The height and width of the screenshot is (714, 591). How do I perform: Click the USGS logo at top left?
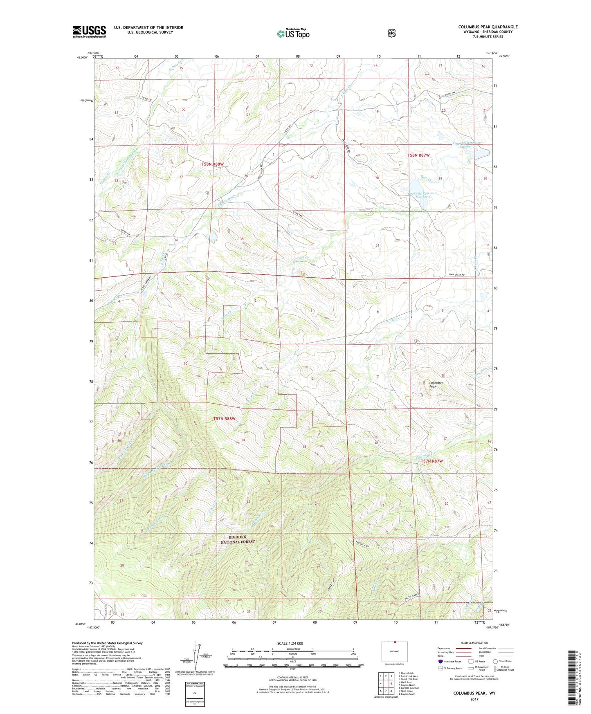89,31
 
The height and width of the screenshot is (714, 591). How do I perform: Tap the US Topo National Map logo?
293,34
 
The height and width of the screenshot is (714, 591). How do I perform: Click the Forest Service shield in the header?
391,33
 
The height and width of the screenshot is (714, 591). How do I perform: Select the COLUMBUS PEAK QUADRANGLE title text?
488,27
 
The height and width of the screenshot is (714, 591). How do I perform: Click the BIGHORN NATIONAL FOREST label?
238,539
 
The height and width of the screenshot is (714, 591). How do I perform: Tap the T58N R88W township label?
213,164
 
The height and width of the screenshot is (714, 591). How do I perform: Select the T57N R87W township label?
432,461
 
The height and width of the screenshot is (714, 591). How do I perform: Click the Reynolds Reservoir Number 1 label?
422,195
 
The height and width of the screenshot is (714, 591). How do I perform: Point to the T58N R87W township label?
418,155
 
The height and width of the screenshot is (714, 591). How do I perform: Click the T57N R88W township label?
225,419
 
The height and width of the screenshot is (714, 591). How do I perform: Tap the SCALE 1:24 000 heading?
290,643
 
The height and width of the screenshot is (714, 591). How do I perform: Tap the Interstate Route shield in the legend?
440,661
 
